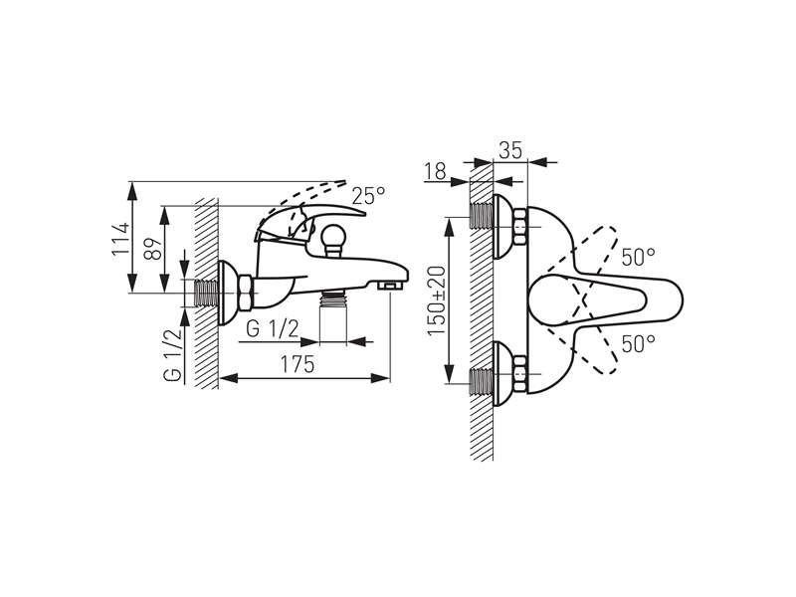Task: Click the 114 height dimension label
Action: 121,239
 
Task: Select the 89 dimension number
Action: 153,249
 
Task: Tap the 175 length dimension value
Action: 298,364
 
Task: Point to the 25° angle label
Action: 368,195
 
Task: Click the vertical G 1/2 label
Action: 172,355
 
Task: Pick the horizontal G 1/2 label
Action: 273,329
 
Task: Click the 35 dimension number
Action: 510,151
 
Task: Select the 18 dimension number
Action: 435,171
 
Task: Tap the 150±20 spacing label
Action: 436,300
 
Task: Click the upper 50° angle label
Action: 638,257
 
